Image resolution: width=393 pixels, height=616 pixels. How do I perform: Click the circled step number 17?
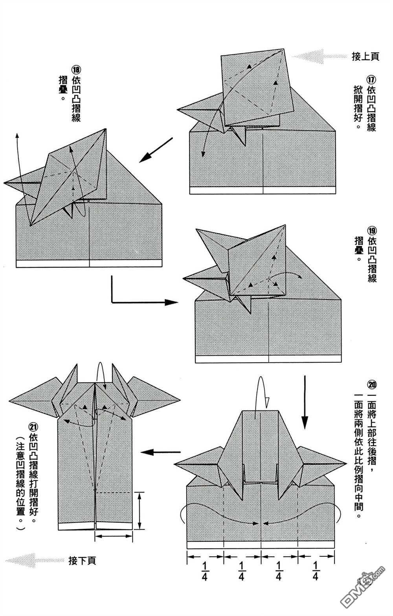(x=371, y=79)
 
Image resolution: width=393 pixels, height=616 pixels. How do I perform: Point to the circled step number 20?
(x=371, y=384)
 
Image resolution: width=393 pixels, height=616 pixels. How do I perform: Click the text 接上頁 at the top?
(x=365, y=57)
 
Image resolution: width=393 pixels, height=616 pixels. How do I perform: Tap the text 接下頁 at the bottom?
(x=82, y=561)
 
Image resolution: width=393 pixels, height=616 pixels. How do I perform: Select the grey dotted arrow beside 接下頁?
(x=33, y=559)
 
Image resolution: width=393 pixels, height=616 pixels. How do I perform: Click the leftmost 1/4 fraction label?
(x=204, y=571)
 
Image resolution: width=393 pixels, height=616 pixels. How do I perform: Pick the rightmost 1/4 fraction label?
(x=315, y=571)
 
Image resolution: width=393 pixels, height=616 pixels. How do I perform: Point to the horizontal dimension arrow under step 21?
(x=114, y=536)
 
